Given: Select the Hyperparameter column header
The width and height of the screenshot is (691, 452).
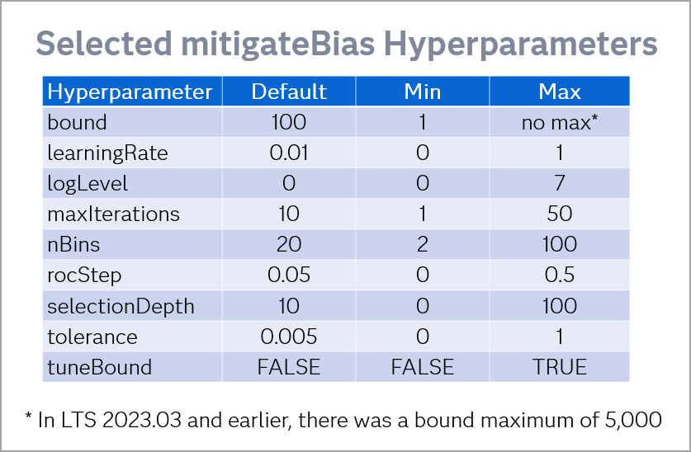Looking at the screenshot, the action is point(130,92).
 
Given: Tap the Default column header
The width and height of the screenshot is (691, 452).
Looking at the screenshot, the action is point(289,92).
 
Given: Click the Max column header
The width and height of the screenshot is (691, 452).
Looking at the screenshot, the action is point(559,92).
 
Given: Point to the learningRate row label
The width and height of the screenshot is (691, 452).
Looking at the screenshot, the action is point(107,153).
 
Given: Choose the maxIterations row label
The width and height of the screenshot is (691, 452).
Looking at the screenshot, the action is point(113,214).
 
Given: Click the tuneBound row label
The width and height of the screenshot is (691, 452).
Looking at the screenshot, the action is point(100,367).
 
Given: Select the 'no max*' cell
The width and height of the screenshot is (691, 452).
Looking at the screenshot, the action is point(559,122).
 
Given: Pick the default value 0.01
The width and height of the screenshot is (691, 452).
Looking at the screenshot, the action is point(289,153).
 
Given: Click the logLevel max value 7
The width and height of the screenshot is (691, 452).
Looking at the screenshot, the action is point(559,183).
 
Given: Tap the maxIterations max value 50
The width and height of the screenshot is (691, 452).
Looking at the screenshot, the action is point(559,214).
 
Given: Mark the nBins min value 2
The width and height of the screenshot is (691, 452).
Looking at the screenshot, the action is point(422,244).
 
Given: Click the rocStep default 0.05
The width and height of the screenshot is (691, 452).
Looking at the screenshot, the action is point(289,275).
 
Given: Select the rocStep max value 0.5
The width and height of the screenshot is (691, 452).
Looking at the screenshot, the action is point(559,275).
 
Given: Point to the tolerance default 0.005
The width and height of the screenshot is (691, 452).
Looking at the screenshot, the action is point(289,337).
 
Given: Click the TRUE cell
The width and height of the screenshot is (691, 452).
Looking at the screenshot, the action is point(559,367).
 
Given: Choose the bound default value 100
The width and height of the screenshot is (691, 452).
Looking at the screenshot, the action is point(289,122).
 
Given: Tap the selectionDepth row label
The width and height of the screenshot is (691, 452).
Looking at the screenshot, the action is point(121,306).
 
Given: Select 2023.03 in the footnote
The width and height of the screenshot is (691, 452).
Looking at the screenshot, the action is point(141,420).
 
